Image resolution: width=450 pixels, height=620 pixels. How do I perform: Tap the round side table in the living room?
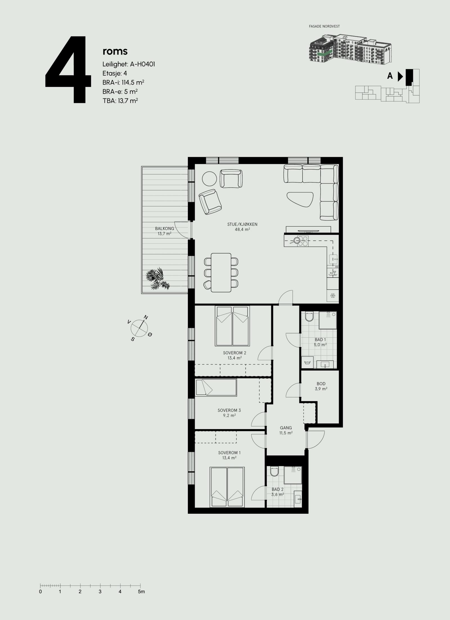209,179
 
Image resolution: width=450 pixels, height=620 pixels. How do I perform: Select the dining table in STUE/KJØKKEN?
221,272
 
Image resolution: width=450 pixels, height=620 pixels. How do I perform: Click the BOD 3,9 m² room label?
321,386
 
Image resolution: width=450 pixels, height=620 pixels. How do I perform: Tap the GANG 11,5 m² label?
286,430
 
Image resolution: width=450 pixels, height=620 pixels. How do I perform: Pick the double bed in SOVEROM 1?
227,487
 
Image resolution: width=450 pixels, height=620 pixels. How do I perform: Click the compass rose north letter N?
146,317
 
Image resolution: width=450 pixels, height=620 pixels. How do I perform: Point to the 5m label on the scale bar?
141,583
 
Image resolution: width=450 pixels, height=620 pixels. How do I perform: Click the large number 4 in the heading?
68,69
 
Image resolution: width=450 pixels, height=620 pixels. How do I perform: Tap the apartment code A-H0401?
142,64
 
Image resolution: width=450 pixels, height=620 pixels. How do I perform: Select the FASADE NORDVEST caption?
325,26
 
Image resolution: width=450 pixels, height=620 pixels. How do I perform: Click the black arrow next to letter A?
400,76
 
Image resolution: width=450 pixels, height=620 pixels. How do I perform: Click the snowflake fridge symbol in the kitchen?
333,296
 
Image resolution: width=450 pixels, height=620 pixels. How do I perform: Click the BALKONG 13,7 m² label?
165,231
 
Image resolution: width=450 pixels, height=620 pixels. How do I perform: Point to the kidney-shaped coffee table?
300,199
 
